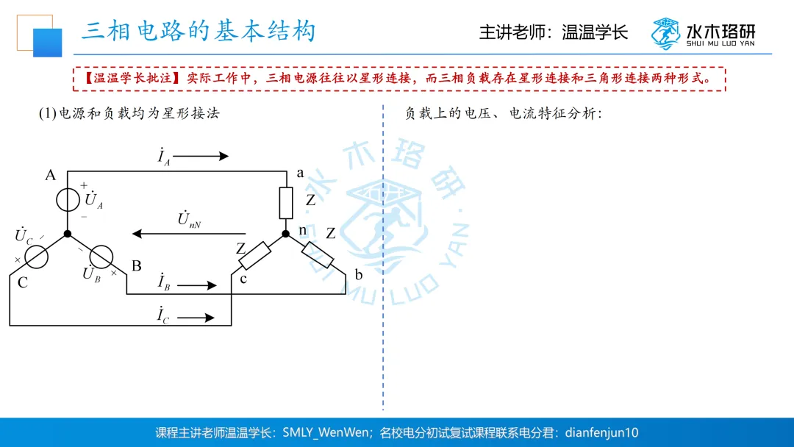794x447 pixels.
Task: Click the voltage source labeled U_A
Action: [67, 199]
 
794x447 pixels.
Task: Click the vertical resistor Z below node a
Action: [286, 202]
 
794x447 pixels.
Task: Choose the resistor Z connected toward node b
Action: [318, 254]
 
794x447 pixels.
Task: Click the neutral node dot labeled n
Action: [286, 235]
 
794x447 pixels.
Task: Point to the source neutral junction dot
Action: [67, 234]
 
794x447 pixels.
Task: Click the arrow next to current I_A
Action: [201, 156]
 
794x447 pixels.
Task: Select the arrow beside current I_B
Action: [197, 285]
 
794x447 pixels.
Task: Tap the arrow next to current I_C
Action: [196, 318]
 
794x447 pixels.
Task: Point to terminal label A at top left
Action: [50, 175]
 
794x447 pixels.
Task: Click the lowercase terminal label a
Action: [300, 173]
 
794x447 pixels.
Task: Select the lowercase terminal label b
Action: [359, 275]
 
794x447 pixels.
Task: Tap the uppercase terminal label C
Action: [23, 282]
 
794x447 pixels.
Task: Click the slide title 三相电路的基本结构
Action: [198, 31]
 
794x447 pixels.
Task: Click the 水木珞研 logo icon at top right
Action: [665, 33]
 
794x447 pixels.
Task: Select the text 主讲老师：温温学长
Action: [554, 33]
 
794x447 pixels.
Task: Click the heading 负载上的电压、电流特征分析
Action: [503, 114]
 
